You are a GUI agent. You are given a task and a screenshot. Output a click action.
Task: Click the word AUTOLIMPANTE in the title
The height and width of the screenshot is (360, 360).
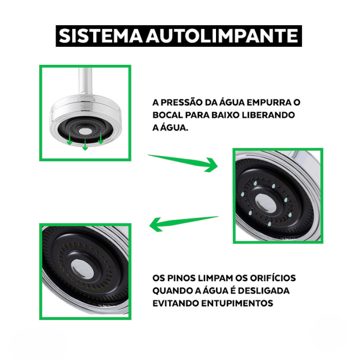(x=222, y=36)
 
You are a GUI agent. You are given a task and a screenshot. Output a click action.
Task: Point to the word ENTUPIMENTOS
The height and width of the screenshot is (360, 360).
(x=237, y=303)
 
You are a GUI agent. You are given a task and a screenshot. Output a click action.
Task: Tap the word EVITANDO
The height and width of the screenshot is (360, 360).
(x=176, y=303)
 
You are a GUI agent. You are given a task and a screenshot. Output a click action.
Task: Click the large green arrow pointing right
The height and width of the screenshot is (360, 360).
(x=184, y=161)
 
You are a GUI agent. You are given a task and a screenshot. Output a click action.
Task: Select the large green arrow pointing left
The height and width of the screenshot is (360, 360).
(x=184, y=223)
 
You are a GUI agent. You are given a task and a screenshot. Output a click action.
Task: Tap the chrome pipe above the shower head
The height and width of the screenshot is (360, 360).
(x=85, y=83)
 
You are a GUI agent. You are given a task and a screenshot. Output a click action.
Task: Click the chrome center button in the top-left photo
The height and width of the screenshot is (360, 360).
(x=85, y=131)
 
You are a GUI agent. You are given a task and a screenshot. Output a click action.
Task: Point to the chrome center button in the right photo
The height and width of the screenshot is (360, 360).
(x=265, y=203)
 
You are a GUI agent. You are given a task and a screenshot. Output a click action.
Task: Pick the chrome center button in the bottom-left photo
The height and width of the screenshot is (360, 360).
(x=82, y=269)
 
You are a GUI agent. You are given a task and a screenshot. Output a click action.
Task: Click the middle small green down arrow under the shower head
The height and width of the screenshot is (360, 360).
(x=85, y=145)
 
